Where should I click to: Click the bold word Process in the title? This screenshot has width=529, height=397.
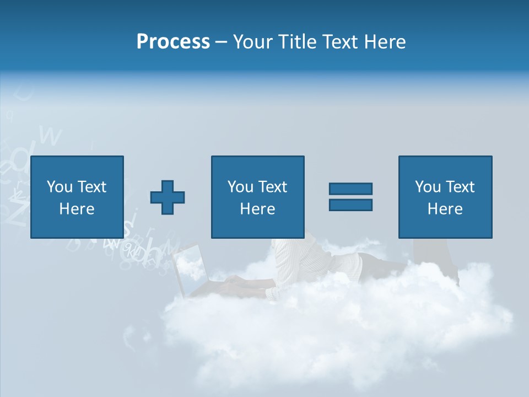pos(173,42)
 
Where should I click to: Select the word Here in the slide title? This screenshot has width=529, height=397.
pos(384,42)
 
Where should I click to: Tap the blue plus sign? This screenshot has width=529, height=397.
pos(168,197)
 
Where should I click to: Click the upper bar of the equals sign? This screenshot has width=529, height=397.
pos(350,189)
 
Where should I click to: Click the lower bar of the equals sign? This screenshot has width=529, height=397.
pos(350,205)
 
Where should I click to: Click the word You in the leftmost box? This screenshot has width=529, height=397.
pos(60,187)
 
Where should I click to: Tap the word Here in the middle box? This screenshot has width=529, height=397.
pos(257,209)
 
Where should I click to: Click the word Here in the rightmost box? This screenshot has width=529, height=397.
pos(445,209)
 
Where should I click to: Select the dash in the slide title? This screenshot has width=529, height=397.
pos(222,42)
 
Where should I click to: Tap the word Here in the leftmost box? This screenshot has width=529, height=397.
pos(77,209)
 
